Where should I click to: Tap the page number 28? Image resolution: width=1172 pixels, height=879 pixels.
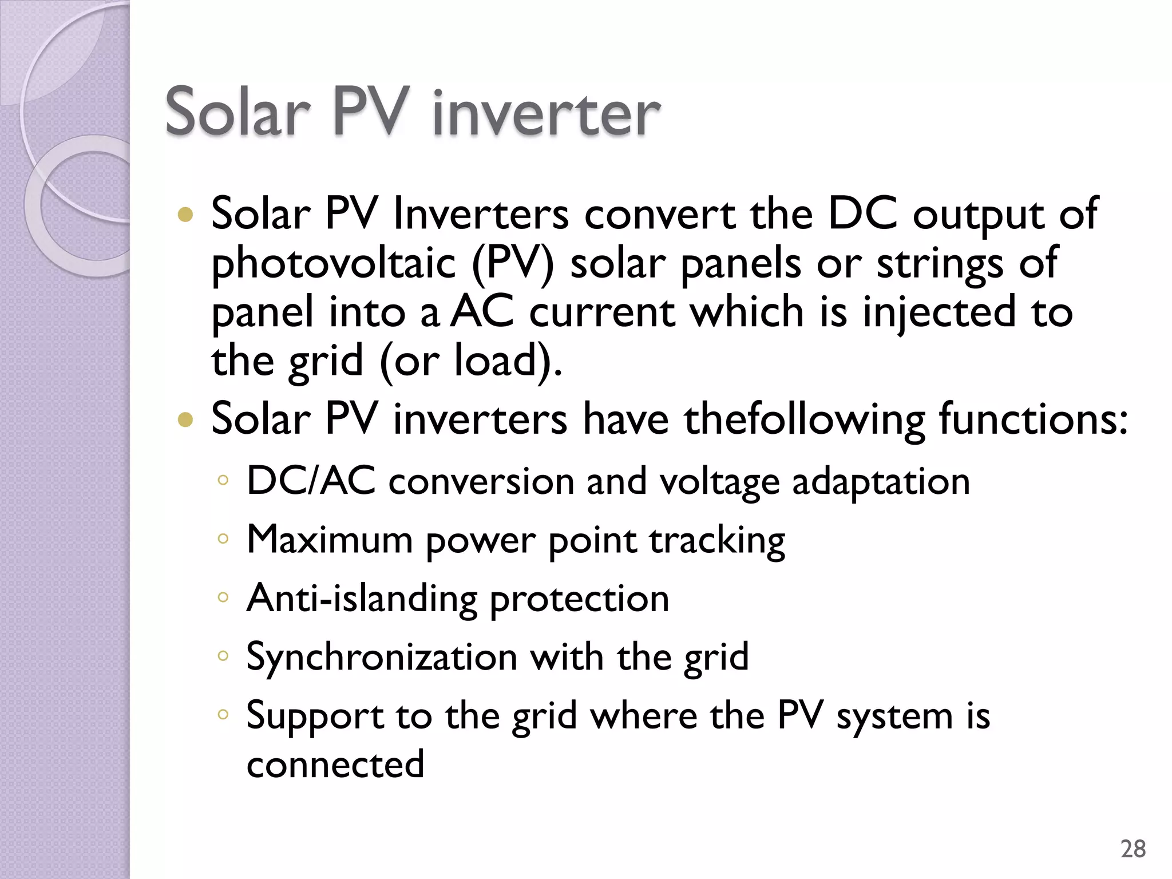point(1133,849)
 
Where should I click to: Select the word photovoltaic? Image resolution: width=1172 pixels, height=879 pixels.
point(333,264)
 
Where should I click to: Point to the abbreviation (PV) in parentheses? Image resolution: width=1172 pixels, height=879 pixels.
point(513,264)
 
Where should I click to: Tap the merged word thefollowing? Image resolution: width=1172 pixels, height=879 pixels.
point(805,419)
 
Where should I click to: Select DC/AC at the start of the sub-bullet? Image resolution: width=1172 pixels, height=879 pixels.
point(311,481)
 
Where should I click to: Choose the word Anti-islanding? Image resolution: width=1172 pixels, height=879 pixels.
point(362,599)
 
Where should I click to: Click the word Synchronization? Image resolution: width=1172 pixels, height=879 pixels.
point(382,658)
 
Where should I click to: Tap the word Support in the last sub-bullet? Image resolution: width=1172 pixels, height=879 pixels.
point(315,717)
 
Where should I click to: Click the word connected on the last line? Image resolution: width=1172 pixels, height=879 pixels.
point(335,765)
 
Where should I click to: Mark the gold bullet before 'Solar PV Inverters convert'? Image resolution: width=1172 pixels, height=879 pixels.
point(185,215)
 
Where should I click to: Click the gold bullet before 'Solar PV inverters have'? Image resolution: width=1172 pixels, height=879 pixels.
point(185,421)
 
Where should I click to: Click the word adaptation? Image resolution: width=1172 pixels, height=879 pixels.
point(881,482)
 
